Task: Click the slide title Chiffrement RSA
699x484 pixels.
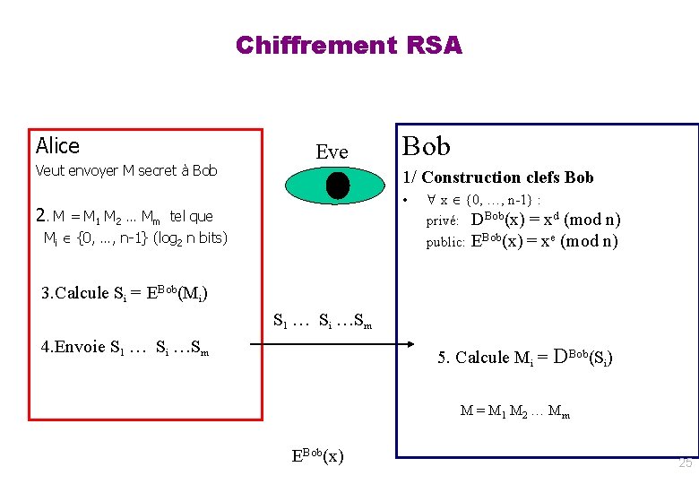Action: tap(349, 45)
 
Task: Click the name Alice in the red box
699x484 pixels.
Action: tap(57, 146)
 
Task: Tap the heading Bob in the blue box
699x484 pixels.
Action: tap(426, 146)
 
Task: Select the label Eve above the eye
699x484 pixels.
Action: tap(332, 152)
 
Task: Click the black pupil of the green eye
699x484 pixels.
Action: tap(337, 185)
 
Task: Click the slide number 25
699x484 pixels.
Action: tap(686, 463)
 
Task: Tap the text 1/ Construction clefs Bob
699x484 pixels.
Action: tap(498, 177)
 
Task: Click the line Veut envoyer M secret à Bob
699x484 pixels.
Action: tap(126, 170)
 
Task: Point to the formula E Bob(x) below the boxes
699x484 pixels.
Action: tap(317, 454)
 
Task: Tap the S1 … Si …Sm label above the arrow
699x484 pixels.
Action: tap(322, 319)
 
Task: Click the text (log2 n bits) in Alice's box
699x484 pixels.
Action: tap(191, 238)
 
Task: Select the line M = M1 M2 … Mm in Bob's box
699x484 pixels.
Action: tap(514, 411)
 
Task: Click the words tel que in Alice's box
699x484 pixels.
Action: tap(191, 216)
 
